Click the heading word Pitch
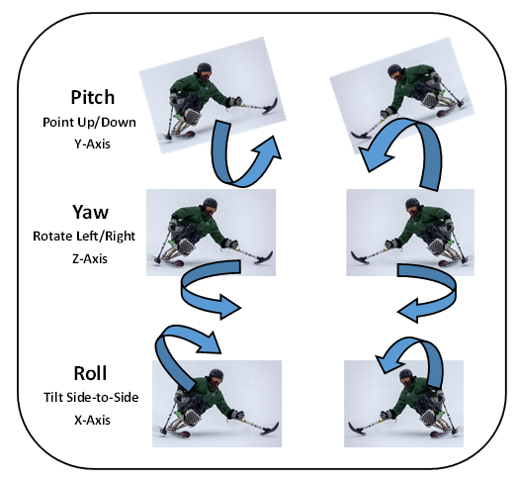pyautogui.click(x=93, y=97)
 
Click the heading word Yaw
pyautogui.click(x=90, y=212)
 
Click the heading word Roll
pyautogui.click(x=90, y=373)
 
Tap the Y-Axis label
pyautogui.click(x=92, y=145)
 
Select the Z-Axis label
pyautogui.click(x=90, y=258)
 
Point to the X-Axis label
pyautogui.click(x=92, y=420)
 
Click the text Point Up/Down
pyautogui.click(x=89, y=123)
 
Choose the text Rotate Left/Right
pyautogui.click(x=84, y=237)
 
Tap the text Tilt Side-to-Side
pyautogui.click(x=91, y=397)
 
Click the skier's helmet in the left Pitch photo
pyautogui.click(x=204, y=69)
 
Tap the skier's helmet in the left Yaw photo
pyautogui.click(x=211, y=204)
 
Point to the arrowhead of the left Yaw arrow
pyautogui.click(x=229, y=307)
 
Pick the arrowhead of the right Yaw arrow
pyautogui.click(x=408, y=310)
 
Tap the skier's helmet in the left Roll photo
pyautogui.click(x=216, y=375)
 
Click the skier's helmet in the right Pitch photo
pyautogui.click(x=394, y=70)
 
